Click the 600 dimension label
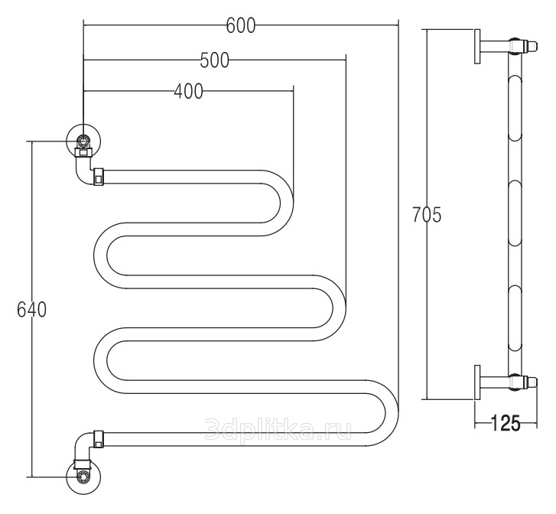(241, 25)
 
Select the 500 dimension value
(215, 60)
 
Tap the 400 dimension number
(188, 92)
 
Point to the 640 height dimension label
(31, 309)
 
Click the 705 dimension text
(427, 215)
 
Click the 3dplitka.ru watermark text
(278, 428)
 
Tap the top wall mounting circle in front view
(83, 139)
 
